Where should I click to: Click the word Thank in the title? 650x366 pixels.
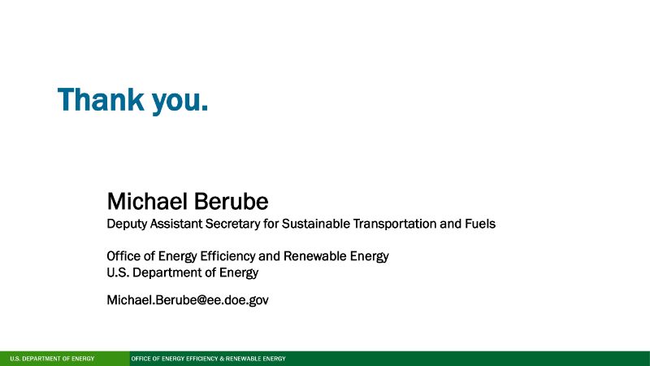point(101,99)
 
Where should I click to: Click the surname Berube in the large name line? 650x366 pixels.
point(231,201)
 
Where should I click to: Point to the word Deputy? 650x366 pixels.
point(127,224)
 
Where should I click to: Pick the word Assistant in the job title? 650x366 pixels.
point(175,224)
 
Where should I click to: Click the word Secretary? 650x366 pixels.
point(232,224)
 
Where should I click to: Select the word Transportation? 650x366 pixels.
point(395,224)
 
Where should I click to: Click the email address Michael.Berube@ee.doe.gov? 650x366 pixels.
point(188,300)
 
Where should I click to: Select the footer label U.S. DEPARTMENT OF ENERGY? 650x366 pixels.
point(52,359)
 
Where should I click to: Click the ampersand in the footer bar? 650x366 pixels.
point(222,359)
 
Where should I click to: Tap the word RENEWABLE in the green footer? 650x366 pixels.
point(242,359)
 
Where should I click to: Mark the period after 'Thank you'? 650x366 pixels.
point(204,109)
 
